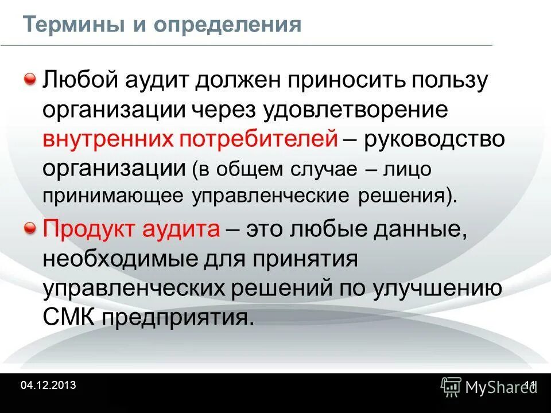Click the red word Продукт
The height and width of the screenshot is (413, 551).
click(x=86, y=229)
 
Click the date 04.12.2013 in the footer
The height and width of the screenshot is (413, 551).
click(x=48, y=385)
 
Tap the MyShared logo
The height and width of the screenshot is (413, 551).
click(x=487, y=387)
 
